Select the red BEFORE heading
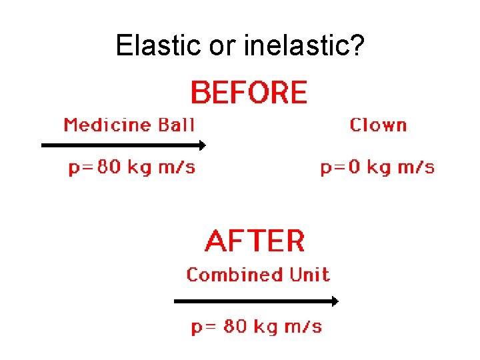[x=249, y=93]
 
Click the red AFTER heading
[x=255, y=241]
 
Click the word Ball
[x=176, y=125]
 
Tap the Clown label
[x=378, y=125]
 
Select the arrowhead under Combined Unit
[x=335, y=301]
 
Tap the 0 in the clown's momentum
[x=354, y=167]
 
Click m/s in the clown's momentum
[x=415, y=167]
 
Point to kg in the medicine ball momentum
[x=139, y=167]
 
